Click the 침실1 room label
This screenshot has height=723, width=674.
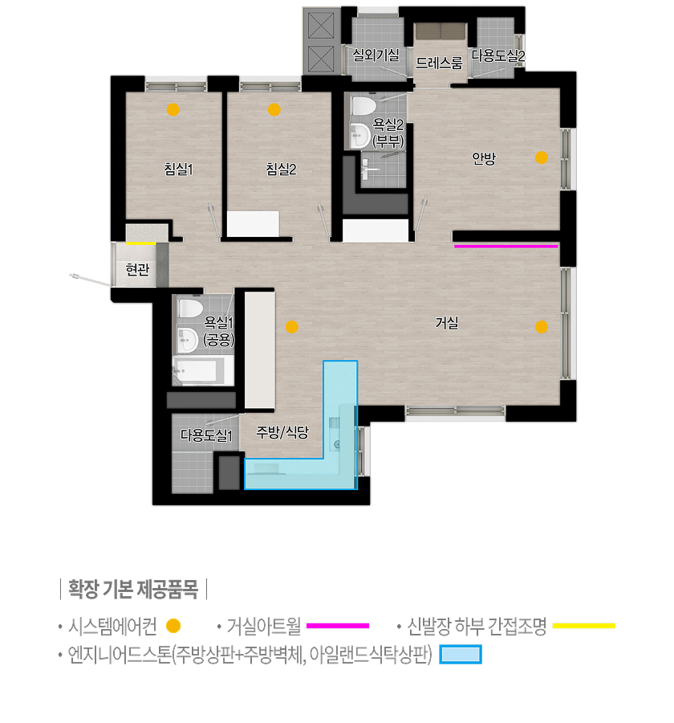point(179,169)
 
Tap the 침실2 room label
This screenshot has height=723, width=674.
point(281,169)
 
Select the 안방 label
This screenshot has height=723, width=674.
point(484,158)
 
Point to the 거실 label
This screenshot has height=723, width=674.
point(447,322)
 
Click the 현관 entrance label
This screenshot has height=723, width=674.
point(138,269)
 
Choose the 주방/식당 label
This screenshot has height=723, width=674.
point(282,432)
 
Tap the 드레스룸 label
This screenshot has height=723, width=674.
point(439,63)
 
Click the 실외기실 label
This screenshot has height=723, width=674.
point(376,55)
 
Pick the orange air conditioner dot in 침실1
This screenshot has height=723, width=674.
point(173,110)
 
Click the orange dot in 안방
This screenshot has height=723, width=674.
point(542,157)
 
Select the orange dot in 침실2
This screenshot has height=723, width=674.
point(274,110)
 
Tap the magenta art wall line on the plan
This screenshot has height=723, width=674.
point(505,247)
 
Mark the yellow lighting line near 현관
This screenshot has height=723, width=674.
point(141,243)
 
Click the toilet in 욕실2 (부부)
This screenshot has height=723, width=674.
point(362,106)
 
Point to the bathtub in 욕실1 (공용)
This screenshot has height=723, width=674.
point(198,370)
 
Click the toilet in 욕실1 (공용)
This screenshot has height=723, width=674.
point(191,308)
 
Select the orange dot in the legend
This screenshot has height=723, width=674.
point(173,626)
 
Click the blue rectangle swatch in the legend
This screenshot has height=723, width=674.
point(461,654)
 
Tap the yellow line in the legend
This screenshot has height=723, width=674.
point(583,626)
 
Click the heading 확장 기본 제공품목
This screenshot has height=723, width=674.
point(133,590)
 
